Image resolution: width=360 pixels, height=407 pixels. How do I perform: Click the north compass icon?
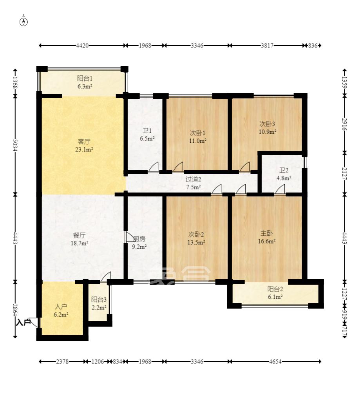[24, 21]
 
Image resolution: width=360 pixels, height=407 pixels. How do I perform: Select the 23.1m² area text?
[84, 149]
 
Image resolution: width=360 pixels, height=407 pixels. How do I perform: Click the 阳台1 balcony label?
[84, 78]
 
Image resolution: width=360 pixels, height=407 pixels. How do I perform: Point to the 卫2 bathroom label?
[284, 171]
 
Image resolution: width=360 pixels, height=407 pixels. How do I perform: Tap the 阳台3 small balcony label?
[99, 300]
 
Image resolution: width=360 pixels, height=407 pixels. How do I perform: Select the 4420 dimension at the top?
[82, 45]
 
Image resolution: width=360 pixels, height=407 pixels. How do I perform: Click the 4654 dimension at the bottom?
[275, 362]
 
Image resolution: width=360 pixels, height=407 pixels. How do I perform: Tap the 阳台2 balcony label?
[275, 289]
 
